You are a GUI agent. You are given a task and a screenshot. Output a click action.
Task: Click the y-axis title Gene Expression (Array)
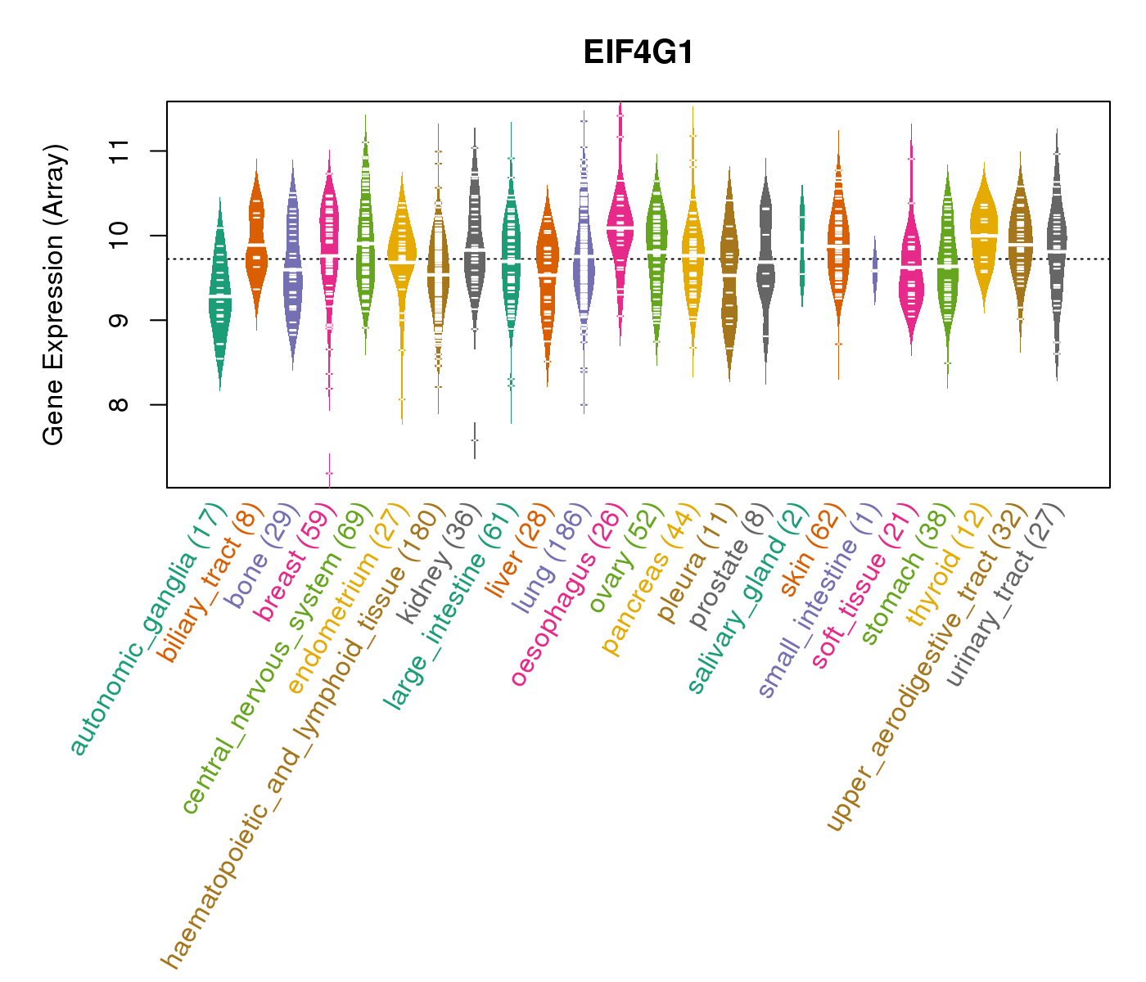[x=53, y=295]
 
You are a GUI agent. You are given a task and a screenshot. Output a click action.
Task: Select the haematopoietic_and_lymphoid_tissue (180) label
[x=303, y=736]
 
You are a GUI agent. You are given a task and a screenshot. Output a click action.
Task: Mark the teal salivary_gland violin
[x=802, y=245]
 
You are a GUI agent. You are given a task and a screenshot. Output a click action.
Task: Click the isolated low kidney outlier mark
[x=475, y=440]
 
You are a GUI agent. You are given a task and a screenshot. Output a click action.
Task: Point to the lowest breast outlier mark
[x=329, y=473]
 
